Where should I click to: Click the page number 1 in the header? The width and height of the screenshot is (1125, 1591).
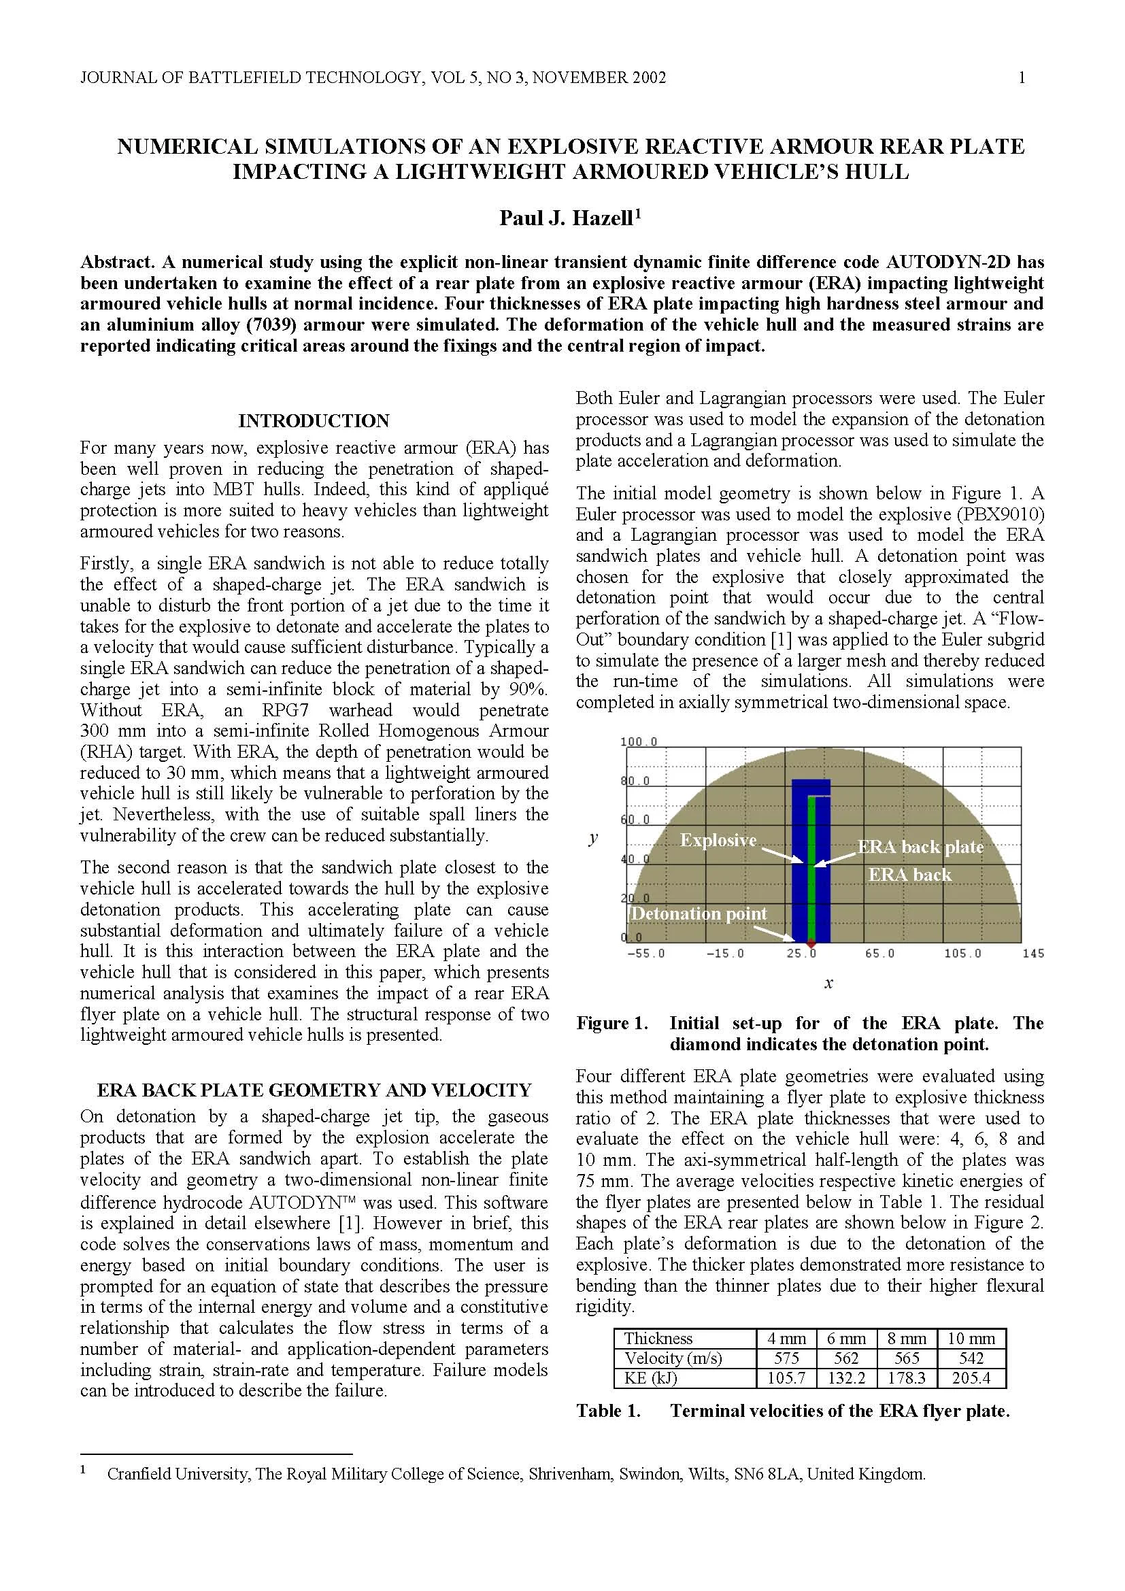pos(1022,78)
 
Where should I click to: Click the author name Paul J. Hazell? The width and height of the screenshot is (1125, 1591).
pos(566,218)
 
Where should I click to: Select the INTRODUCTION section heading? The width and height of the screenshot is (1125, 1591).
pos(314,420)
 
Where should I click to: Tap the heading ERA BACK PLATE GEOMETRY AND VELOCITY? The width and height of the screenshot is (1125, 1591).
pos(314,1090)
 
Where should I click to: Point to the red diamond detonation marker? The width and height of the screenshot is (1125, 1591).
pos(811,943)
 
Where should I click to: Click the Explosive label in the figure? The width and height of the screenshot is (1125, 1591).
pos(718,840)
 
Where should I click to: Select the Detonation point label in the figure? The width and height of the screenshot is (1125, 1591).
pos(699,914)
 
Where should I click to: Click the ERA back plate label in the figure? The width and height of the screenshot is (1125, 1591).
pos(920,847)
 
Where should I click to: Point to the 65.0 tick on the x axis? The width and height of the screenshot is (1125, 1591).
pos(879,954)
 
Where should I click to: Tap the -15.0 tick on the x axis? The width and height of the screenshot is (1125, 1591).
pos(724,954)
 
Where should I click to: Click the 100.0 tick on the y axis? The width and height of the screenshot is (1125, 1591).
pos(638,741)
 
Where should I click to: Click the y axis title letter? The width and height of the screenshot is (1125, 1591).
pos(593,839)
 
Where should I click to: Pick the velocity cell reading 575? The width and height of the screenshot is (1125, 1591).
pos(786,1358)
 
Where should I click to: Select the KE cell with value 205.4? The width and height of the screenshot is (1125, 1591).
pos(971,1378)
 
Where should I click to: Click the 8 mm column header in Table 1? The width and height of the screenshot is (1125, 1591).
pos(906,1338)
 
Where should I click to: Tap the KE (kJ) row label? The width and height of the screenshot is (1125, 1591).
pos(650,1378)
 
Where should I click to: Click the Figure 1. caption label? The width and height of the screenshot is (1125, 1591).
pos(611,1024)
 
